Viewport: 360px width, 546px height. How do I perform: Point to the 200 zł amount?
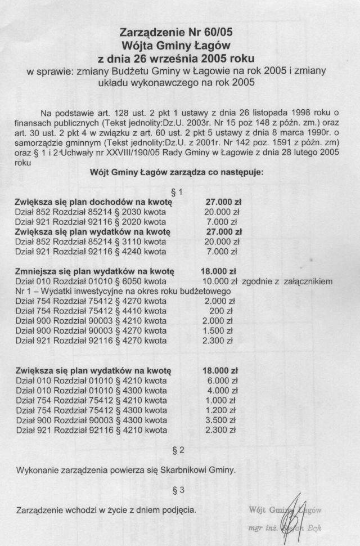tap(225, 311)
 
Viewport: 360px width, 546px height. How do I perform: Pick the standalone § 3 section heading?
tap(180, 491)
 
